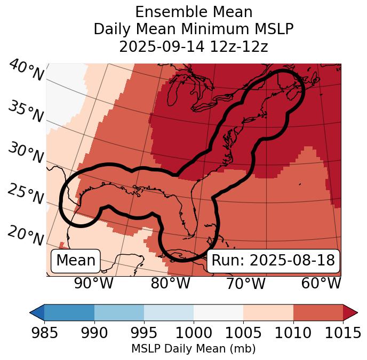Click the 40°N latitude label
tap(26, 71)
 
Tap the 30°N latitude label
tap(26, 153)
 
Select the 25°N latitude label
tap(26, 194)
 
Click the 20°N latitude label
tap(26, 235)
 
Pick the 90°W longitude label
tap(94, 283)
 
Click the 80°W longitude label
tap(170, 283)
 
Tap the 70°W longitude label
tap(246, 283)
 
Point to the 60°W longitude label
tap(321, 283)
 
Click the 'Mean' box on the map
tap(76, 261)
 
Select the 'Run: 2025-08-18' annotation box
tap(273, 261)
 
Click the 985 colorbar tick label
tap(44, 333)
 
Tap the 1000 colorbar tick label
tap(194, 333)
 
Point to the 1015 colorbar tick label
tap(343, 333)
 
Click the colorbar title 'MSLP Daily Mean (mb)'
tap(193, 349)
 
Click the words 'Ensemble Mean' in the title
tap(193, 12)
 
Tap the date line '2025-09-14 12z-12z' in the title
tap(193, 46)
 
